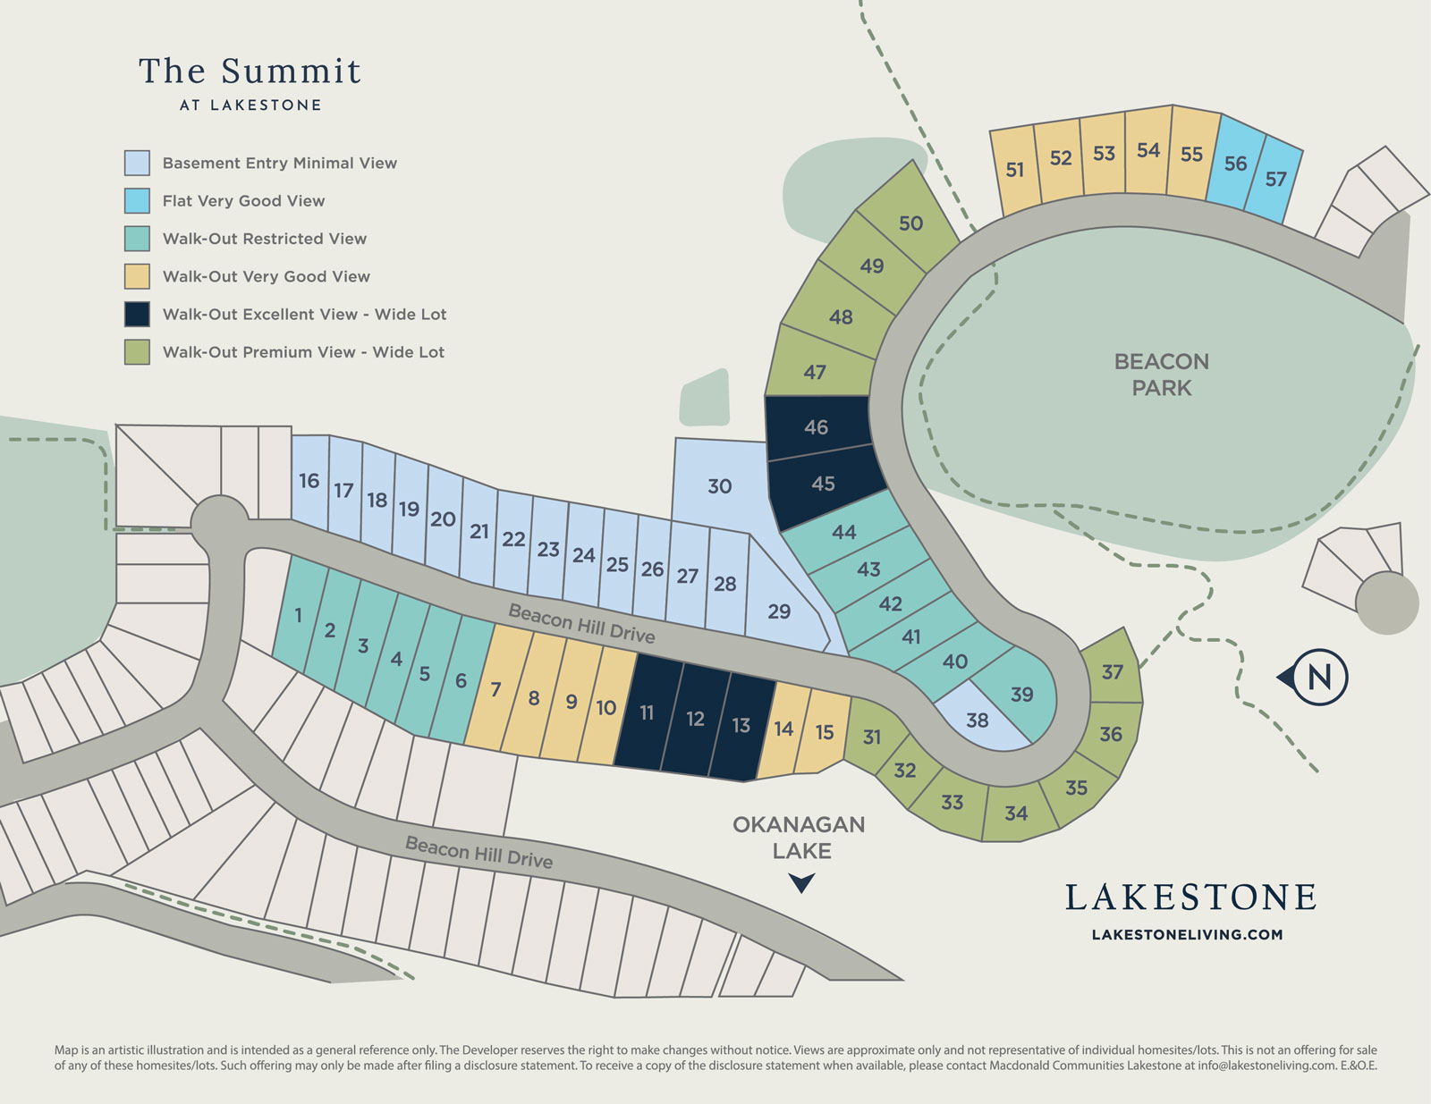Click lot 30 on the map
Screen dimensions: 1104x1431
pyautogui.click(x=719, y=486)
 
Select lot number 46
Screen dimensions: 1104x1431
pyautogui.click(x=816, y=427)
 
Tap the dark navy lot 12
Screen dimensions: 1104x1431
pyautogui.click(x=695, y=719)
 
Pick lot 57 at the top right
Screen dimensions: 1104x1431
pyautogui.click(x=1275, y=179)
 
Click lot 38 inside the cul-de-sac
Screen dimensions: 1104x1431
pyautogui.click(x=977, y=720)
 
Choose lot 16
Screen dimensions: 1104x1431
pyautogui.click(x=309, y=481)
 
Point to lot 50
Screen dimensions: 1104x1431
pyautogui.click(x=910, y=223)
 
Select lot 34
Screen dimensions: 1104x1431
pyautogui.click(x=1015, y=813)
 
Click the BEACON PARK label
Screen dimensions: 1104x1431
pyautogui.click(x=1161, y=375)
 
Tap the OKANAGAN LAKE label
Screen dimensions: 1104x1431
pyautogui.click(x=799, y=837)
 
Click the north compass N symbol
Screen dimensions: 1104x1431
pyautogui.click(x=1318, y=678)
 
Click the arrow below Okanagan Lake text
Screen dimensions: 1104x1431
pyautogui.click(x=801, y=884)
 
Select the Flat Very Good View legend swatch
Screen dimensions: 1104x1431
pyautogui.click(x=137, y=201)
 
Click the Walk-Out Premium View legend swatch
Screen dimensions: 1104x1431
pyautogui.click(x=137, y=352)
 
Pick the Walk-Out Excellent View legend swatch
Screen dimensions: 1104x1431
pyautogui.click(x=137, y=315)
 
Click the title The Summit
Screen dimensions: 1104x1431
pyautogui.click(x=250, y=72)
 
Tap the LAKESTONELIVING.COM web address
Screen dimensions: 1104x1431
pyautogui.click(x=1187, y=935)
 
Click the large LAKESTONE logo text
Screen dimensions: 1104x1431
pyautogui.click(x=1190, y=898)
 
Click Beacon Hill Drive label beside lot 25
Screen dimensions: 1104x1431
pyautogui.click(x=581, y=623)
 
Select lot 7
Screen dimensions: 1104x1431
pyautogui.click(x=495, y=689)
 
